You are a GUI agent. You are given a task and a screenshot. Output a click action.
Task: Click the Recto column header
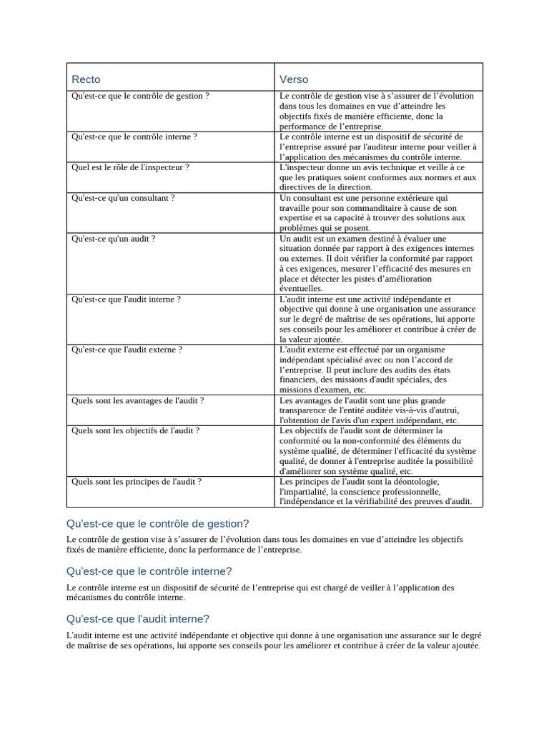coord(86,79)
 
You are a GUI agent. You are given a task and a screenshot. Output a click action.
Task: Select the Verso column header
coord(294,79)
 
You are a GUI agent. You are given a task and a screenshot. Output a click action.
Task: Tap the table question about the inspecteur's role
coord(130,167)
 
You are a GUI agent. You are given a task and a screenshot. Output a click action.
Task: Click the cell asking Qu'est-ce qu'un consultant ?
coord(123,198)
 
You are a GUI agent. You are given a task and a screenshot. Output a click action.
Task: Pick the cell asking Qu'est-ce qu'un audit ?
coord(114,239)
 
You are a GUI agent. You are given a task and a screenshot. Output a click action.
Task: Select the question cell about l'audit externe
coord(127,350)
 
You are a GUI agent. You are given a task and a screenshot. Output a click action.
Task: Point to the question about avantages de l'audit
coord(138,401)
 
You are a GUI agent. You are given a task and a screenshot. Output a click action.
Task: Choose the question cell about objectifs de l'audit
coord(135,431)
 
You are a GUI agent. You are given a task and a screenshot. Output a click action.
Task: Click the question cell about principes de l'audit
coord(137,482)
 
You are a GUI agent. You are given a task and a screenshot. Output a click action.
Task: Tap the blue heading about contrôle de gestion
coord(157,524)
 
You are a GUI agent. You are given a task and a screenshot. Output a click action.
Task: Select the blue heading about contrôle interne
coord(149,571)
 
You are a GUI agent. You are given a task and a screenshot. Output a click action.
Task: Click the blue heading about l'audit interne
coord(137,619)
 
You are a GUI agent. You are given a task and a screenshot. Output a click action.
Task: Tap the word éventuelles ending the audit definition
coord(302,289)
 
